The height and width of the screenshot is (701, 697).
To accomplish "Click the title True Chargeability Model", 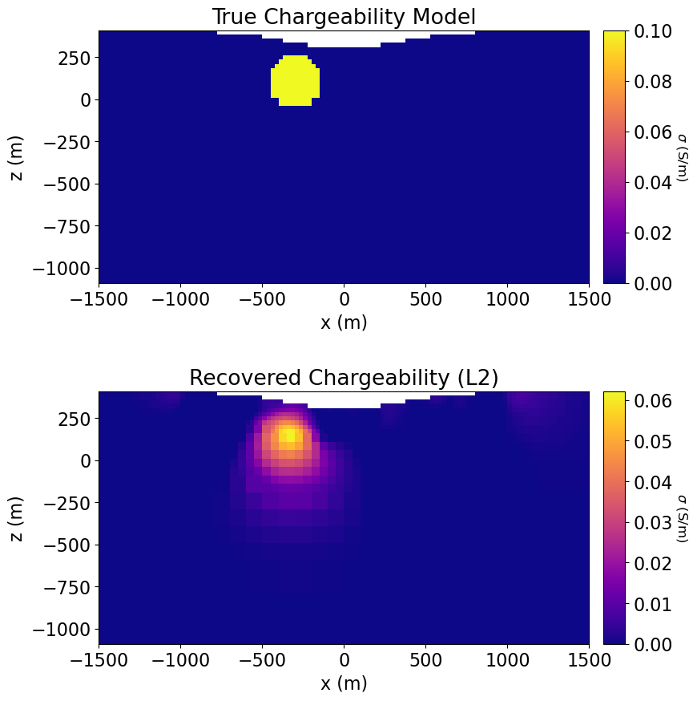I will point(344,17).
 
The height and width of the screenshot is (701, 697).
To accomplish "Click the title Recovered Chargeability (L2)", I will point(344,378).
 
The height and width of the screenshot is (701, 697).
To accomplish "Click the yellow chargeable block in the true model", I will point(295,81).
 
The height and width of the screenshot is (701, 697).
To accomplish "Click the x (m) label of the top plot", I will point(344,322).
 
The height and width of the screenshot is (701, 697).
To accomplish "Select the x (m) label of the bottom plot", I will point(344,683).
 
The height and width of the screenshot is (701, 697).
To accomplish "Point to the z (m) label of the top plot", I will point(17,158).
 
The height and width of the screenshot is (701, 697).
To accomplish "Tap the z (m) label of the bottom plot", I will point(17,519).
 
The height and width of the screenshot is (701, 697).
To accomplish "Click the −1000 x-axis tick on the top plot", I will point(180,299).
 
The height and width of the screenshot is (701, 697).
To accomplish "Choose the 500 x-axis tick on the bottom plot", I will point(425,660).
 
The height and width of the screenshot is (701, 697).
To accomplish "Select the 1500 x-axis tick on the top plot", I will point(589,299).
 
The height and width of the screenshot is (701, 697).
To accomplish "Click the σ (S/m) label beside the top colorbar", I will point(683,157).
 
